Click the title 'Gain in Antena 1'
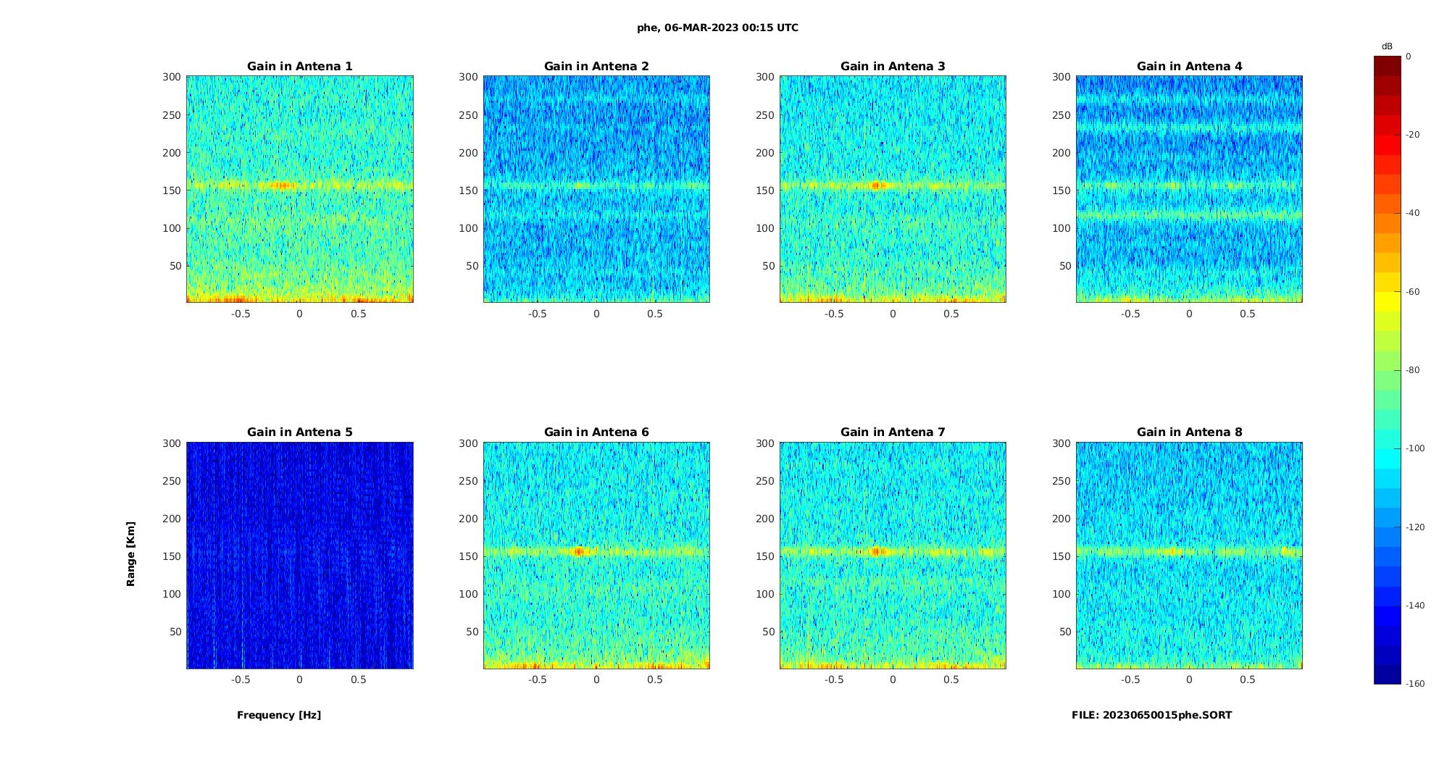click(299, 66)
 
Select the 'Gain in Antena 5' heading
click(299, 432)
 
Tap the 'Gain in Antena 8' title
click(1189, 432)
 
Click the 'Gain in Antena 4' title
click(1189, 66)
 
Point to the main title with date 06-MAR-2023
click(717, 28)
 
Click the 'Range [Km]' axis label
click(130, 553)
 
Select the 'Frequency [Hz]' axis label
click(279, 715)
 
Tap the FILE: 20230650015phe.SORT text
click(1151, 715)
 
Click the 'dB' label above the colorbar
click(1387, 46)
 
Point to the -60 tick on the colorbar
click(1413, 292)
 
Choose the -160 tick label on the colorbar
click(1415, 684)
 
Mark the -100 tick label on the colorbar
click(1415, 448)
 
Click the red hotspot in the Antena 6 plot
click(578, 551)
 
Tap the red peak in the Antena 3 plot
click(875, 185)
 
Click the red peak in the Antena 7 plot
click(876, 551)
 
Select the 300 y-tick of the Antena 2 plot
click(468, 77)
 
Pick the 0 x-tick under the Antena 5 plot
click(299, 679)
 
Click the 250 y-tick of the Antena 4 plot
click(1061, 114)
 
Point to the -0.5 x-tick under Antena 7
click(834, 679)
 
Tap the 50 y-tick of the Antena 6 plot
click(472, 632)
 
